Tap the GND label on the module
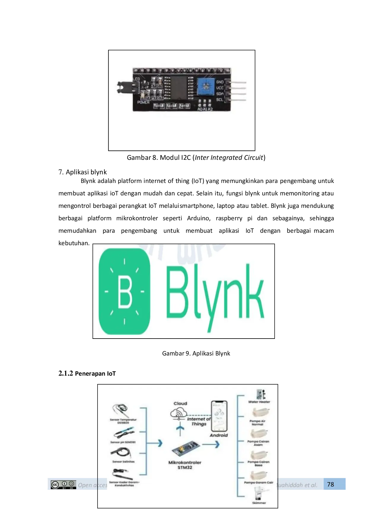click(220, 82)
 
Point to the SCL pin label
click(219, 100)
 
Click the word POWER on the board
click(143, 102)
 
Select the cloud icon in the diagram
click(179, 413)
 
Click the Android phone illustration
click(219, 417)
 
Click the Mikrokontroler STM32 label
click(185, 465)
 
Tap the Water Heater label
click(259, 402)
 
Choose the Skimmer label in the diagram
click(259, 503)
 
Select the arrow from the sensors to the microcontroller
click(155, 443)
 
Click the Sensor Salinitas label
click(123, 462)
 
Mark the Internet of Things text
click(199, 421)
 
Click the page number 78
click(330, 484)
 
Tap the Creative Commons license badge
click(63, 484)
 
